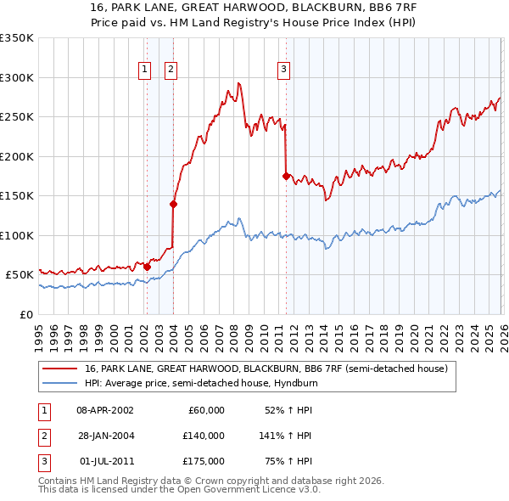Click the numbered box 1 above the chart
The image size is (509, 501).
[x=145, y=70]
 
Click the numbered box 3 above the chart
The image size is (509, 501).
[x=283, y=70]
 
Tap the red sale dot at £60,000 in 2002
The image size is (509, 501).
[x=147, y=267]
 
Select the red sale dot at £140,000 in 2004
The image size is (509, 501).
[x=173, y=203]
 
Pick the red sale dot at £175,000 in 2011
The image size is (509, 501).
[x=286, y=176]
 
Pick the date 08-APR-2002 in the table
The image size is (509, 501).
[x=105, y=410]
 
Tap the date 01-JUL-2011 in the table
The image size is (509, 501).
[x=105, y=461]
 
